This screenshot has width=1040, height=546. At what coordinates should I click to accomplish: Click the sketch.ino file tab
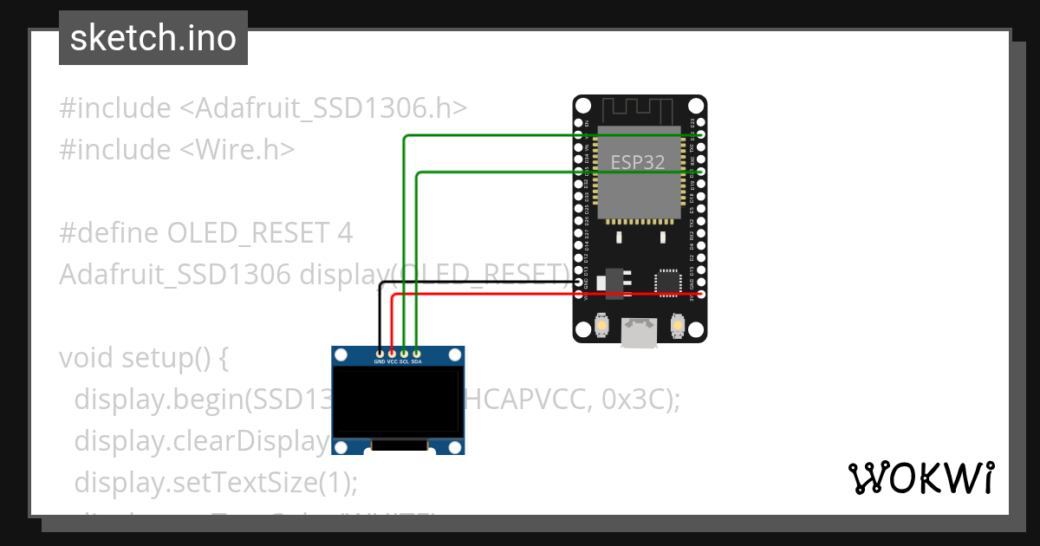[x=153, y=38]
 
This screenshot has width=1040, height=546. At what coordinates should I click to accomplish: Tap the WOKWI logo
[x=920, y=478]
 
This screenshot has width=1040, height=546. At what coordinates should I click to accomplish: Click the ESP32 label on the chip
[x=638, y=161]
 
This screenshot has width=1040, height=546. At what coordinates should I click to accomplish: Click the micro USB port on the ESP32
[x=640, y=332]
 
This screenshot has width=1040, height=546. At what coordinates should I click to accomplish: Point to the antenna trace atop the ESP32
[x=639, y=111]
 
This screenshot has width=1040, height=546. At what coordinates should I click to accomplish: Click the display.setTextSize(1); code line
[x=216, y=481]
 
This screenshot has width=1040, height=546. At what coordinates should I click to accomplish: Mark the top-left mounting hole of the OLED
[x=341, y=354]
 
